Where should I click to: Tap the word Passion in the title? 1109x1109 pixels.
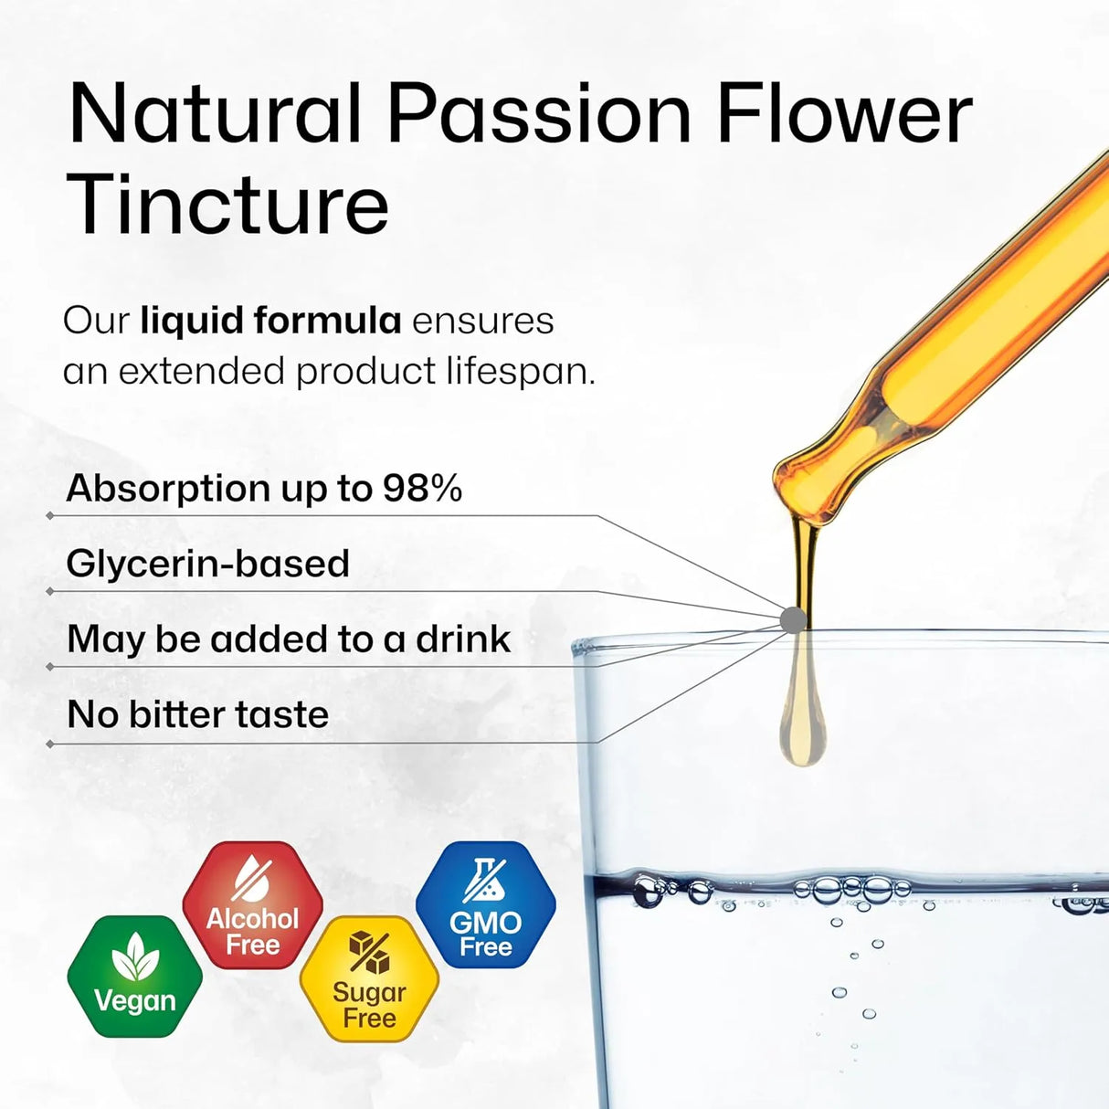pos(539,114)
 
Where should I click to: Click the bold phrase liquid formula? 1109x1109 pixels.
pos(270,321)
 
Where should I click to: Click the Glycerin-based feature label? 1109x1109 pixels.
pos(208,564)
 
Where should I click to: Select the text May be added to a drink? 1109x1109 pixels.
pos(289,639)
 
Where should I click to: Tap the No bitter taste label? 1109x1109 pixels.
pos(198,714)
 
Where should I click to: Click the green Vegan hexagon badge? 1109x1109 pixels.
pos(135,976)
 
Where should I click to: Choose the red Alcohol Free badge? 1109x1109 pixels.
pos(253,905)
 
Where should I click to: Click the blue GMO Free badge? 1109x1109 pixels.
pos(485,905)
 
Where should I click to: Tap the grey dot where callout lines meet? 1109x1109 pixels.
pos(793,620)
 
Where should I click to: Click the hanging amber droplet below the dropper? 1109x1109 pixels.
pos(803,722)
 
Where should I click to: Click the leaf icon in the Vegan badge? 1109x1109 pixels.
pos(135,957)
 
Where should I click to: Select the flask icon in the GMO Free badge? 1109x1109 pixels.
pos(485,879)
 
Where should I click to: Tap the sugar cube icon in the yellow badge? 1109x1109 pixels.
pos(369,953)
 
